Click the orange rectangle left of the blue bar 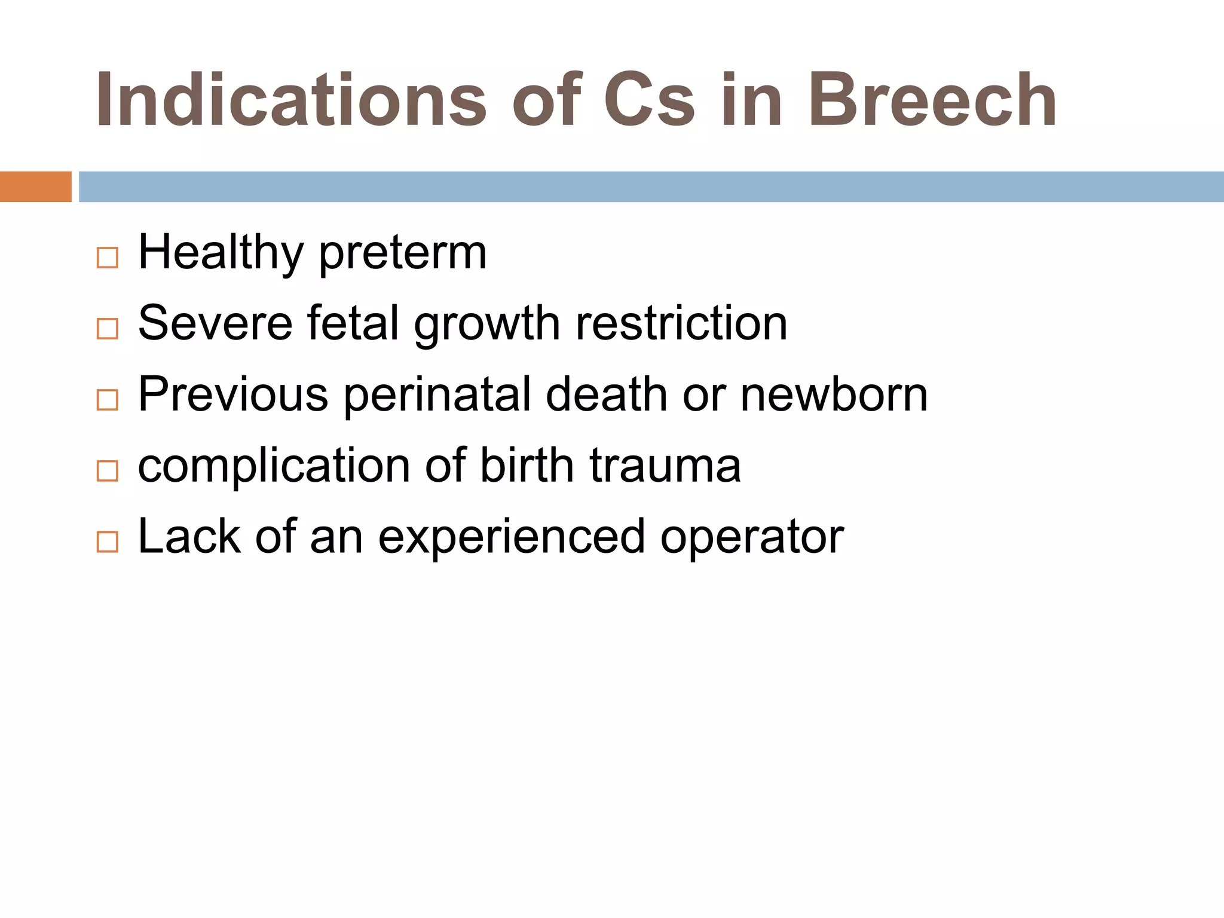[x=35, y=186]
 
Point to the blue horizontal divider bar [x=651, y=186]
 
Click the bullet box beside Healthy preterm [x=108, y=258]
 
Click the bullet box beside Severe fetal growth [x=108, y=329]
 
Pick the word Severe [x=215, y=323]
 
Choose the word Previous [x=233, y=394]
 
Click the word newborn [x=834, y=394]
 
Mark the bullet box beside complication [x=108, y=471]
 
